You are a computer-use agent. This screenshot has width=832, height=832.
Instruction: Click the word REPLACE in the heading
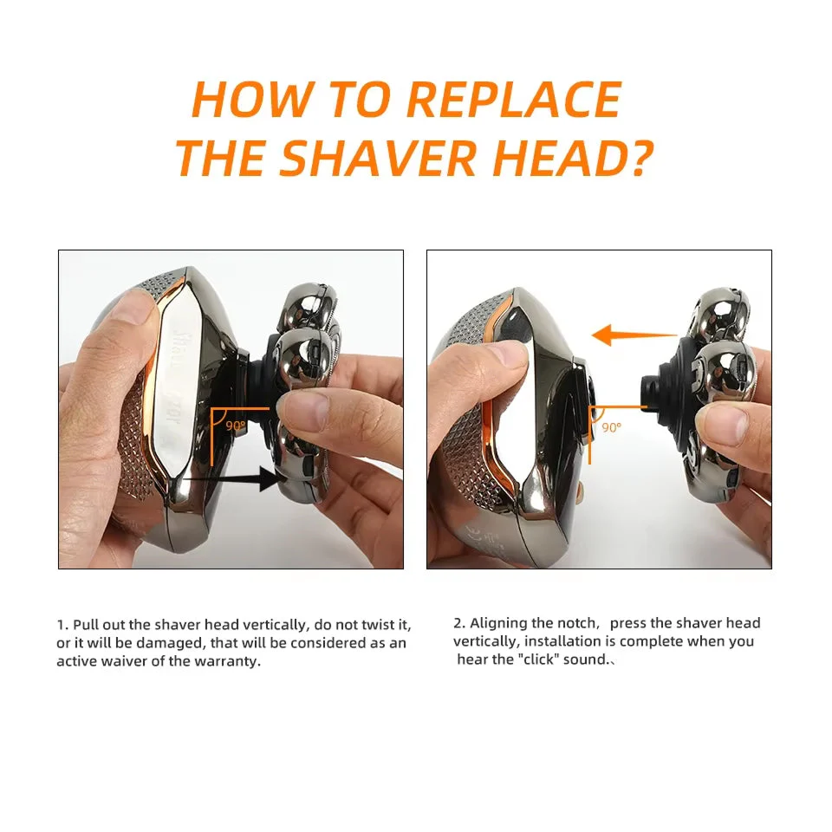tap(514, 100)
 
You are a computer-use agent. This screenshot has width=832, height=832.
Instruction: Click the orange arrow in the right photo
tap(634, 335)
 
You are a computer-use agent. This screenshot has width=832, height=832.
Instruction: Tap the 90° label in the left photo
tap(236, 426)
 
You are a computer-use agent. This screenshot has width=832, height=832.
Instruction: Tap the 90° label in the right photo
tap(611, 427)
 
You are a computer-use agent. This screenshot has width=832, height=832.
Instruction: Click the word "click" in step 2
tap(537, 660)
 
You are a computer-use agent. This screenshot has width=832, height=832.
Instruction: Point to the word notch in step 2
tap(577, 623)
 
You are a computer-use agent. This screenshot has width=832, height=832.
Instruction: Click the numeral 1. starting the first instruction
tap(62, 625)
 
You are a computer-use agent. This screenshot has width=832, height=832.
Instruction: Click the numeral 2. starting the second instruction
tap(459, 623)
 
